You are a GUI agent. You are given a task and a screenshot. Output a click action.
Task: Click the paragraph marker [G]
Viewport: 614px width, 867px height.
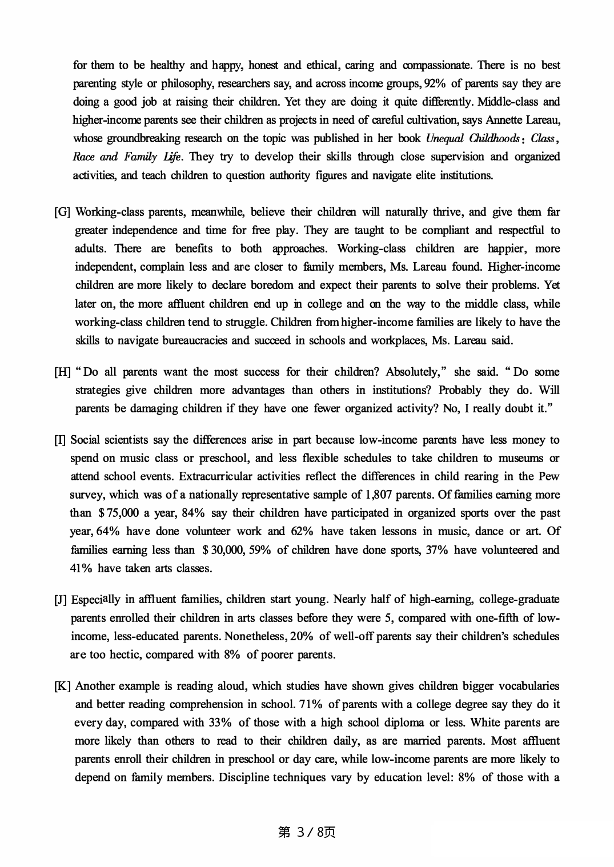[x=62, y=212]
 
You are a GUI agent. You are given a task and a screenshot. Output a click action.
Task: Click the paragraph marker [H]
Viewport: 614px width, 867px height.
[x=62, y=372]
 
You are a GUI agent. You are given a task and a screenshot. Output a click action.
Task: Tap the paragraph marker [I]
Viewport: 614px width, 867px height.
[x=61, y=440]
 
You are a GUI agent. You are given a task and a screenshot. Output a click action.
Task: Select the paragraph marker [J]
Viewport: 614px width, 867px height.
[x=61, y=600]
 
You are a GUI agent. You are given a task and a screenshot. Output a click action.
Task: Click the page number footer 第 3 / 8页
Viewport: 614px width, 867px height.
[x=307, y=832]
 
